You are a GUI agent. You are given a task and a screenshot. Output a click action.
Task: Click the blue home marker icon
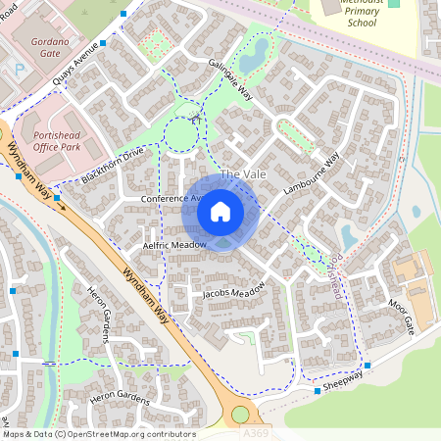coord(220,212)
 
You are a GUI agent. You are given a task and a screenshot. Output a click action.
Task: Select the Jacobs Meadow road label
coord(234,291)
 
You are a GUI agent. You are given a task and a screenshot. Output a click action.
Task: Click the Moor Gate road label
coord(402,318)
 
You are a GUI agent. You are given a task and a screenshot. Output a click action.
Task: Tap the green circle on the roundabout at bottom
coord(240,415)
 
